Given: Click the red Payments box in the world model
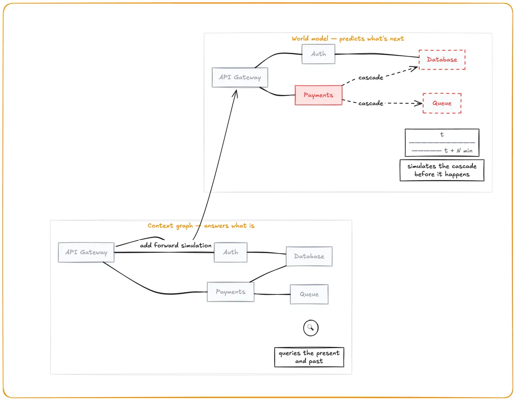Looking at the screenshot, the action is click(318, 95).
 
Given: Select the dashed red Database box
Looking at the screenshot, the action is click(442, 60).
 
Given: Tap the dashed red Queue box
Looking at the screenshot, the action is click(442, 103).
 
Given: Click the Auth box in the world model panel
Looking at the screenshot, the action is click(318, 54).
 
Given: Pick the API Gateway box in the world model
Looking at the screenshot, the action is click(240, 77).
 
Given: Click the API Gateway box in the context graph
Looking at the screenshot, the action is click(86, 252).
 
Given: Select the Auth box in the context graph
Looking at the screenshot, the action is click(230, 252).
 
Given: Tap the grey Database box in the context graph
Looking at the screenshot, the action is click(309, 256).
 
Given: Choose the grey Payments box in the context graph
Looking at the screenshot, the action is click(230, 292).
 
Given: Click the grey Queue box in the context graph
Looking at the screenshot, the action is click(309, 294).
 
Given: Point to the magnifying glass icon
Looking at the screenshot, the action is click(310, 328).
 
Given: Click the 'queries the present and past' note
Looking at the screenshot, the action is click(309, 357).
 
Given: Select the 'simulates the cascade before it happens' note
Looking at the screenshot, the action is click(442, 170).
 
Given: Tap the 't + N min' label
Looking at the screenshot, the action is click(458, 150).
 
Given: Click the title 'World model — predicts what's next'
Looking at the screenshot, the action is click(347, 38).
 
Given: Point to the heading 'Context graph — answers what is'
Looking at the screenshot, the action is click(201, 226).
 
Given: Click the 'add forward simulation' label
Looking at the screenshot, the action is click(175, 245).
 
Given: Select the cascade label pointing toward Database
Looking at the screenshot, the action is click(371, 78).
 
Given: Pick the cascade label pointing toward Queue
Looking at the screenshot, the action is click(371, 103).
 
